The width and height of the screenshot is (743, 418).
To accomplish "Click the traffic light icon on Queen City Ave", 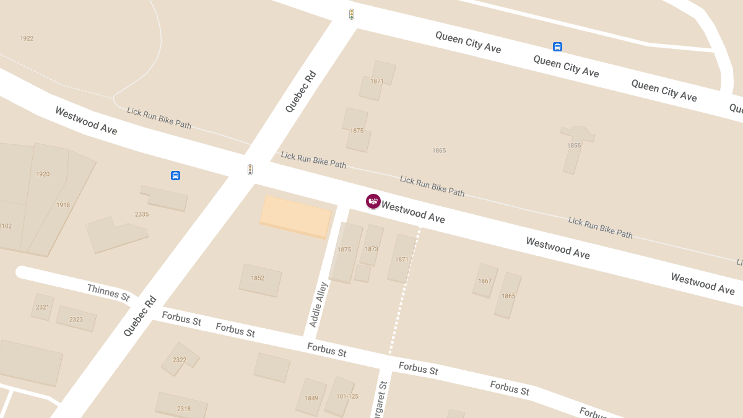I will click(352, 14).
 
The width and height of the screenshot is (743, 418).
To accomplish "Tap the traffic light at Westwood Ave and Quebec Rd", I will click(250, 169).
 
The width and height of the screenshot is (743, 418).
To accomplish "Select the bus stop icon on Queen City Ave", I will click(557, 46).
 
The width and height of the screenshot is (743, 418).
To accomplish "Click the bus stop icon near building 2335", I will click(175, 176).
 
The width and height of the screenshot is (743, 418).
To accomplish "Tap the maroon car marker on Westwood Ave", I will click(373, 201).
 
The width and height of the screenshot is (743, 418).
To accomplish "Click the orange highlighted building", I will click(295, 217).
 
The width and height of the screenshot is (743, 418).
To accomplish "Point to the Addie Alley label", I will click(318, 305).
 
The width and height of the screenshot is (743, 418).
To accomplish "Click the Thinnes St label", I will click(108, 292).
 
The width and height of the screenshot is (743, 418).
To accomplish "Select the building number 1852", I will click(258, 278).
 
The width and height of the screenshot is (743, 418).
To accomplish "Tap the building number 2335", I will click(142, 214).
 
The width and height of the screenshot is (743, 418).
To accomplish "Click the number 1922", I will click(27, 38).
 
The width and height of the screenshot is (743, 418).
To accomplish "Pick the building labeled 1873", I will click(371, 249).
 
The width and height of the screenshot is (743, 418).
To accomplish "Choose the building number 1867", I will click(485, 281).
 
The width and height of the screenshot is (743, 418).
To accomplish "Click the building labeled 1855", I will click(574, 146).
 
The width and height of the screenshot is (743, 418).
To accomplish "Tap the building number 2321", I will click(43, 307).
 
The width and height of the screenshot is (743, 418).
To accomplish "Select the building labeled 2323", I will click(76, 320).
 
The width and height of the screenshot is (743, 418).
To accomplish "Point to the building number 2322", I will click(180, 360).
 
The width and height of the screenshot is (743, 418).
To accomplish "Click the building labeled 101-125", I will click(347, 396).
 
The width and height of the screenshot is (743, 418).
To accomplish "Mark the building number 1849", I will click(311, 398).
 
